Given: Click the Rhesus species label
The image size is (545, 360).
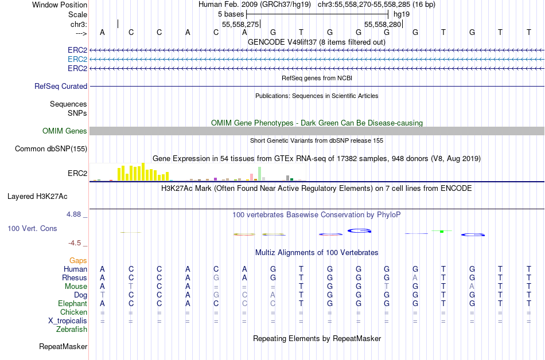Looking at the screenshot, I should (x=74, y=277).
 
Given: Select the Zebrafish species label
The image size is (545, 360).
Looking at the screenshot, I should (x=72, y=330).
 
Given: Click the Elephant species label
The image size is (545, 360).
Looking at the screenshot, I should (x=72, y=303).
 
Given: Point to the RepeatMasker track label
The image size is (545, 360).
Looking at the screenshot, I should (x=63, y=347).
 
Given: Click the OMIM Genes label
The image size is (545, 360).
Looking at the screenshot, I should (x=65, y=131).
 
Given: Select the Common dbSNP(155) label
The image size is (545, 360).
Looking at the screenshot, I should (x=51, y=149).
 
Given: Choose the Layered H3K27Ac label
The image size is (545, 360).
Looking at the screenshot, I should (x=37, y=196).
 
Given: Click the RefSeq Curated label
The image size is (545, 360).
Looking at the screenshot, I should (x=61, y=86).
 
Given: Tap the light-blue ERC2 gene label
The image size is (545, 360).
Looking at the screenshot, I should (x=77, y=59).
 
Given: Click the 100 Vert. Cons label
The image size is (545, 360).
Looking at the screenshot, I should (x=32, y=229).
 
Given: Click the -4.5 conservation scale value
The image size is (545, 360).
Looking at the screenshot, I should (x=75, y=243).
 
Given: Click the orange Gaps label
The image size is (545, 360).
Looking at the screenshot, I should (x=78, y=260).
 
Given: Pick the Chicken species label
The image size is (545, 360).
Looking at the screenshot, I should (x=73, y=312).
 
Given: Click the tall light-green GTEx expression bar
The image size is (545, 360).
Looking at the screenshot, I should (x=260, y=174).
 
